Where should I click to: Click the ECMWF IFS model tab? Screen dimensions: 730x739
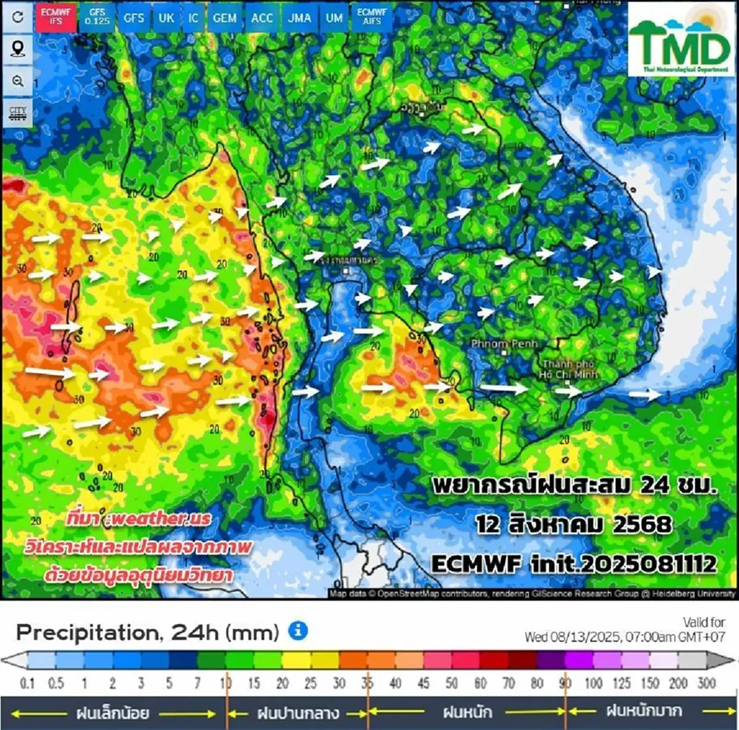tap(56, 17)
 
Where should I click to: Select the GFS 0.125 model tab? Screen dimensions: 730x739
tap(97, 17)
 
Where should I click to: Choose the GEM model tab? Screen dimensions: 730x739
tap(225, 18)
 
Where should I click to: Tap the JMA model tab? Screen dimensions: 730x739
tap(299, 18)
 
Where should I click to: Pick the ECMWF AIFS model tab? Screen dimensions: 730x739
tap(372, 17)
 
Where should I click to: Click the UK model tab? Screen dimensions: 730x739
tap(166, 18)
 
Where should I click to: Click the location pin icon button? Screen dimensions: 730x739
tap(18, 48)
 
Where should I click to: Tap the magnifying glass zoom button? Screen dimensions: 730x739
tap(18, 81)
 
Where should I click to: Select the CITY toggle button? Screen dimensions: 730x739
tap(18, 113)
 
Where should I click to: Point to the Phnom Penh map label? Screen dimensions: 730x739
tap(504, 344)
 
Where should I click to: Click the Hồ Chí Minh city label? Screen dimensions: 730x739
tap(568, 369)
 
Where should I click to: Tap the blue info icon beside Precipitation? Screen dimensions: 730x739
tap(298, 631)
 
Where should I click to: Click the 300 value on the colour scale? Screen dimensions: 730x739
tap(706, 683)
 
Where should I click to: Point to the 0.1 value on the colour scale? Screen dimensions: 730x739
tap(27, 683)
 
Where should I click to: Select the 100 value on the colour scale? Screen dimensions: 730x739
tap(593, 683)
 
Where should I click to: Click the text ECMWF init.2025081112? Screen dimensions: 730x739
tap(573, 564)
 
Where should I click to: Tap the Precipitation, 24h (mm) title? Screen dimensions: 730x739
tap(148, 632)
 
